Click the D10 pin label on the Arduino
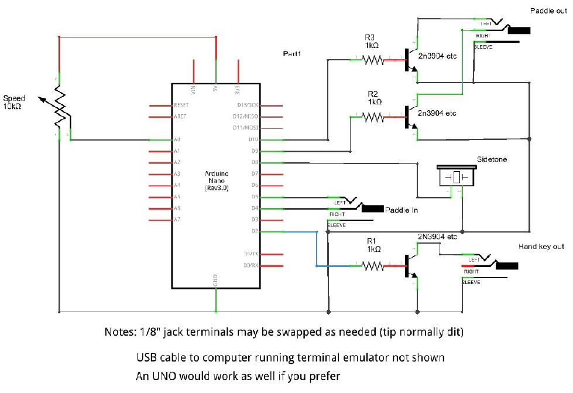pyautogui.click(x=253, y=139)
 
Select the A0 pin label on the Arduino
pyautogui.click(x=177, y=139)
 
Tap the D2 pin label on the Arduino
pyautogui.click(x=254, y=231)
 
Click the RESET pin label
pyautogui.click(x=181, y=105)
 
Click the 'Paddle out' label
pyautogui.click(x=548, y=11)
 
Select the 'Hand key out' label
pyautogui.click(x=541, y=247)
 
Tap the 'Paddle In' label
pyautogui.click(x=401, y=210)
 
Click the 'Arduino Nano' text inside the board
pyautogui.click(x=216, y=178)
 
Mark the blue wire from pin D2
pyautogui.click(x=317, y=249)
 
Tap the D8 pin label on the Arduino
pyautogui.click(x=254, y=162)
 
